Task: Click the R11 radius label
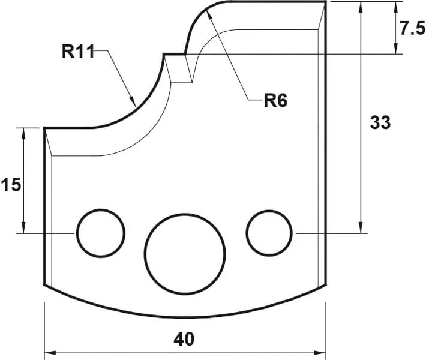pos(78,52)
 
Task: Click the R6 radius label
pos(275,100)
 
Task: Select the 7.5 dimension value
pos(412,29)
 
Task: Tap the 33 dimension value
pos(380,122)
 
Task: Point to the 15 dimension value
pos(11,185)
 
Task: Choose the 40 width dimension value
pos(184,339)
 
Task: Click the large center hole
pos(185,254)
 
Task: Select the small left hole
pos(100,233)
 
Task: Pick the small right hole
pos(269,232)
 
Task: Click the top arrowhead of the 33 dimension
pos(361,7)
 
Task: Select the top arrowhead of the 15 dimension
pos(23,133)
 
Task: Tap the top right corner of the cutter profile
pos(325,2)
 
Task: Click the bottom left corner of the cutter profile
pos(44,286)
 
